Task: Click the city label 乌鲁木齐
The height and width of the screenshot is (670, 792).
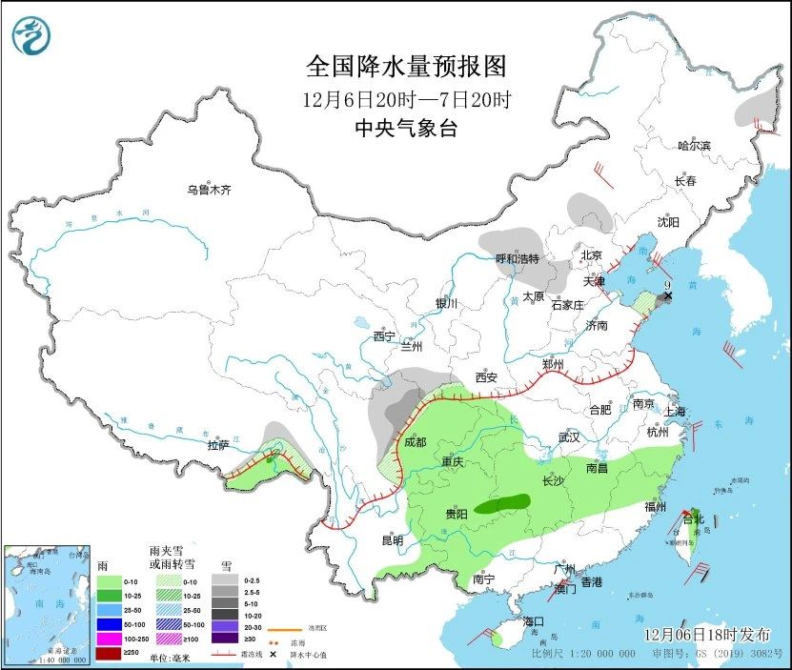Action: tap(209, 191)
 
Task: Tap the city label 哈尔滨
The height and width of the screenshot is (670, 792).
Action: tap(694, 145)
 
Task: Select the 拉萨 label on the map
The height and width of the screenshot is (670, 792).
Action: tap(218, 445)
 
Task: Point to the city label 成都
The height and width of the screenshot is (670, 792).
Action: tap(415, 442)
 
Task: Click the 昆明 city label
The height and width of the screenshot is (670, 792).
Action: tap(393, 540)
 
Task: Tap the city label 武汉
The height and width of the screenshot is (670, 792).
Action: tap(569, 437)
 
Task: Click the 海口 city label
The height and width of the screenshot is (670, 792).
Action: tap(534, 621)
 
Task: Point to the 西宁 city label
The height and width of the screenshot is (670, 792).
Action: tap(383, 336)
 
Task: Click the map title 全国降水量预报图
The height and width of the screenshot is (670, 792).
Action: tap(405, 67)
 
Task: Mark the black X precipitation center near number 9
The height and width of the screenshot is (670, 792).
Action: tap(668, 296)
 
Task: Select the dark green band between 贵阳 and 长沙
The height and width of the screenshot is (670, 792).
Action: tap(504, 503)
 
